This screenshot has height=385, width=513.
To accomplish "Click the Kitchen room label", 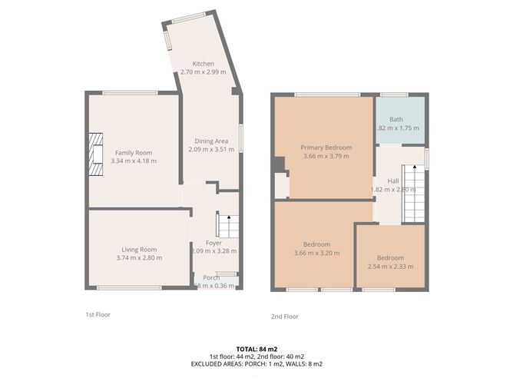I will tap(204, 64).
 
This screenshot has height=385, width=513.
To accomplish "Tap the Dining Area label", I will tap(210, 141).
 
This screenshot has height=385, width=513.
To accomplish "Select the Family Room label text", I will tap(134, 152).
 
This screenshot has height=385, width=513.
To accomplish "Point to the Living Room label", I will tap(139, 249).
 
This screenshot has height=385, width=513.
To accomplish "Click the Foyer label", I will tap(213, 243).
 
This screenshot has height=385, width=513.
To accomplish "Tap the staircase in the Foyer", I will tap(227, 226).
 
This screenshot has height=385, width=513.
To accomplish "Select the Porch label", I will tap(211, 277).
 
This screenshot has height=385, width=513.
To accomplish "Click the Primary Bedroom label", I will tap(326, 148).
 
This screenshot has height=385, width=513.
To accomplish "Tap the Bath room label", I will tap(396, 119).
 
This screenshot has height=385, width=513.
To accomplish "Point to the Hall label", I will tap(393, 181).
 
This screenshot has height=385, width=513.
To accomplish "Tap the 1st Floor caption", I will tap(98, 314).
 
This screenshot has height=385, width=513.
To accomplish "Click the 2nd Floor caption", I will tap(284, 316).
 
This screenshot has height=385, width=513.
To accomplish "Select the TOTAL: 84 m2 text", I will tap(256, 350).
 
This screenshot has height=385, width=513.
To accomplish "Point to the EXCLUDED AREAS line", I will tap(256, 363).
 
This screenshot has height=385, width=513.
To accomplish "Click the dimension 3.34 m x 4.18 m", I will tap(134, 161).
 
